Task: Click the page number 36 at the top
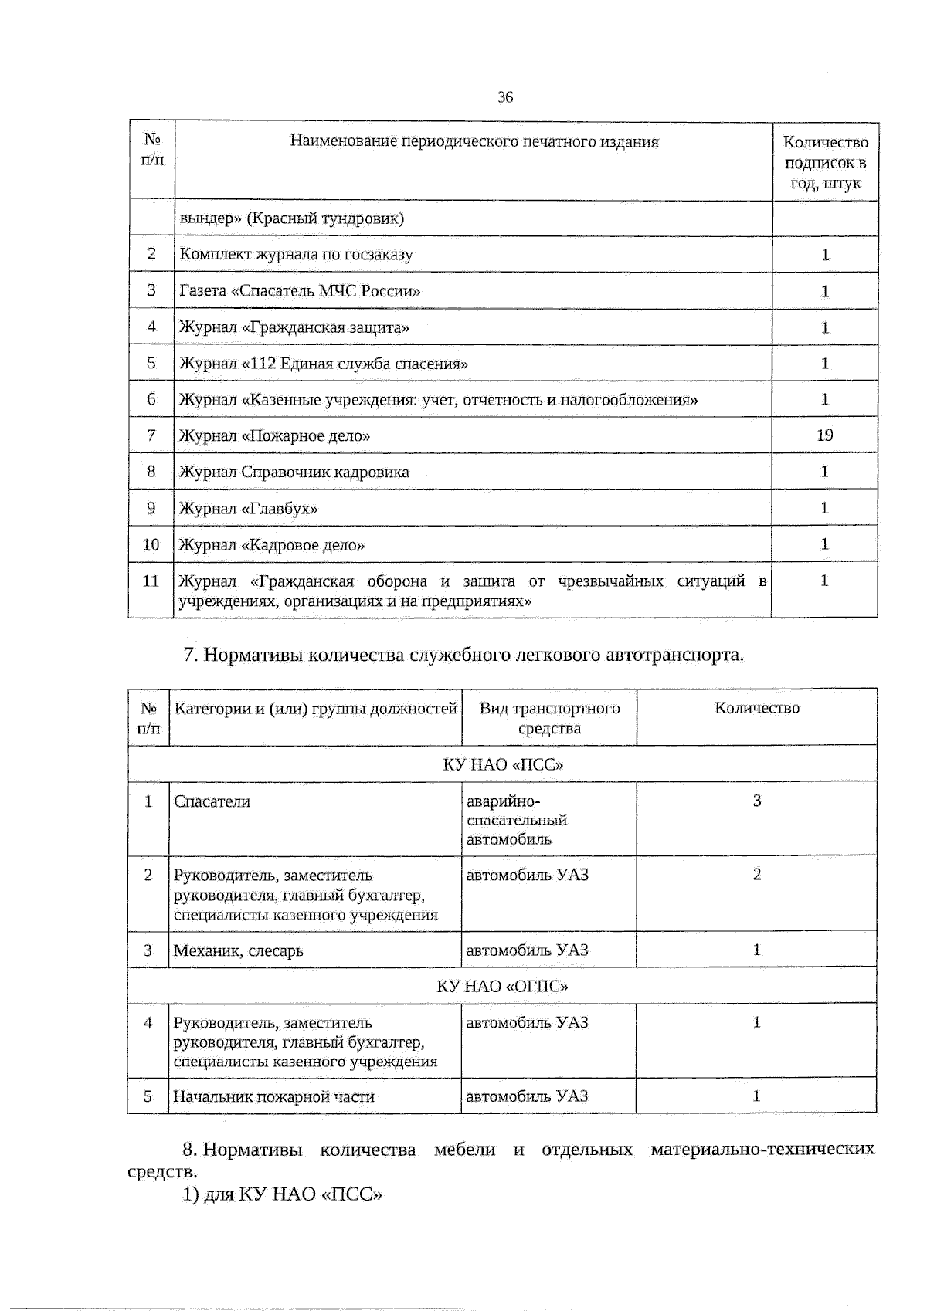coord(505,97)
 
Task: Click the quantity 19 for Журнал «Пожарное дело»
coord(824,435)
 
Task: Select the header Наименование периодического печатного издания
coord(474,141)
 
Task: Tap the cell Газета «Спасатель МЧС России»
coord(300,291)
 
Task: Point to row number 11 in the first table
coord(151,581)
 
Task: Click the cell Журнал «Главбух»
coord(248,509)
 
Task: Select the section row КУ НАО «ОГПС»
coord(502,986)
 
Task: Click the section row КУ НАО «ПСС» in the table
coord(502,764)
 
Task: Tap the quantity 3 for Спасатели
coord(756,801)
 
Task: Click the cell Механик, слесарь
coord(238,950)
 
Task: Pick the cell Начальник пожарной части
coord(273,1096)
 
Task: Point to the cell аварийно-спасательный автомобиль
coord(517,820)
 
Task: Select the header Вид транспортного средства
coord(549,718)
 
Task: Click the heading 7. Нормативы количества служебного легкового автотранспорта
coord(463,655)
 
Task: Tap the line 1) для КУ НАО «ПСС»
coord(283,1194)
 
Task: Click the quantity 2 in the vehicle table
coord(756,875)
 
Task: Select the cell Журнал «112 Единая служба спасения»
coord(323,364)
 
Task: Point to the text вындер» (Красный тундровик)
coord(291,218)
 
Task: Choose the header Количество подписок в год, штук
coord(825,162)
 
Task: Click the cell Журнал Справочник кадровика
coord(294,473)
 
